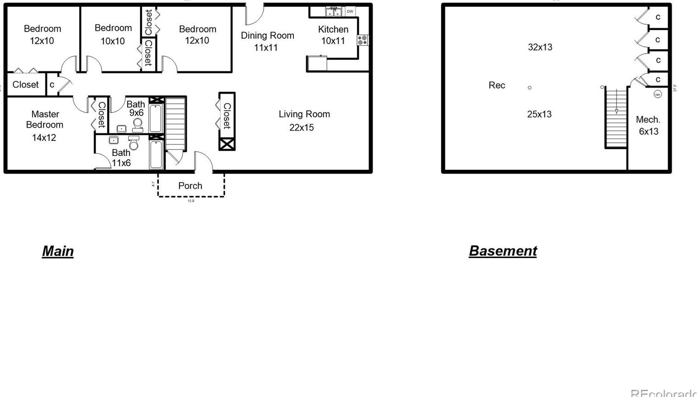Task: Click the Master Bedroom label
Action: click(44, 119)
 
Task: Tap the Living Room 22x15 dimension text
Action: click(302, 128)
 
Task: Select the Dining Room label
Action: click(267, 35)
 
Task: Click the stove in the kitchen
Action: click(362, 40)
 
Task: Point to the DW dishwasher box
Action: click(350, 11)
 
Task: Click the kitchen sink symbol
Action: click(333, 11)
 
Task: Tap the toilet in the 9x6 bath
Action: click(137, 125)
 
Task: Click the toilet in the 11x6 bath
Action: click(134, 143)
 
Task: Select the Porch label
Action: click(190, 186)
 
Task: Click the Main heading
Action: click(58, 251)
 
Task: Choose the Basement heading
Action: click(502, 251)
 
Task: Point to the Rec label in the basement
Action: click(497, 85)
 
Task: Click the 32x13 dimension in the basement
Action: click(540, 47)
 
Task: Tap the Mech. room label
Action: click(648, 120)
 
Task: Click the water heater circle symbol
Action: click(658, 94)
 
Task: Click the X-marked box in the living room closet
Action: click(227, 144)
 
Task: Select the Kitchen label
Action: click(333, 29)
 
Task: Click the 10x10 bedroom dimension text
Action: click(113, 41)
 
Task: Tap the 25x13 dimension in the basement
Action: click(539, 114)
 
